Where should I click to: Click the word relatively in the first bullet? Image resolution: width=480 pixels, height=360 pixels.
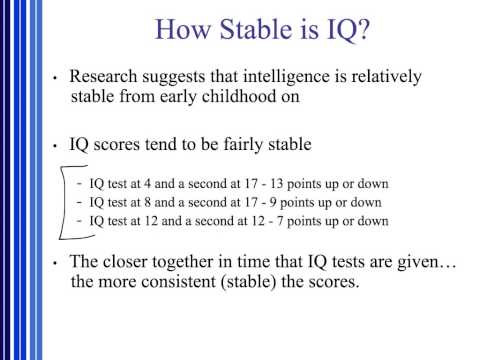(x=366, y=77)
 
